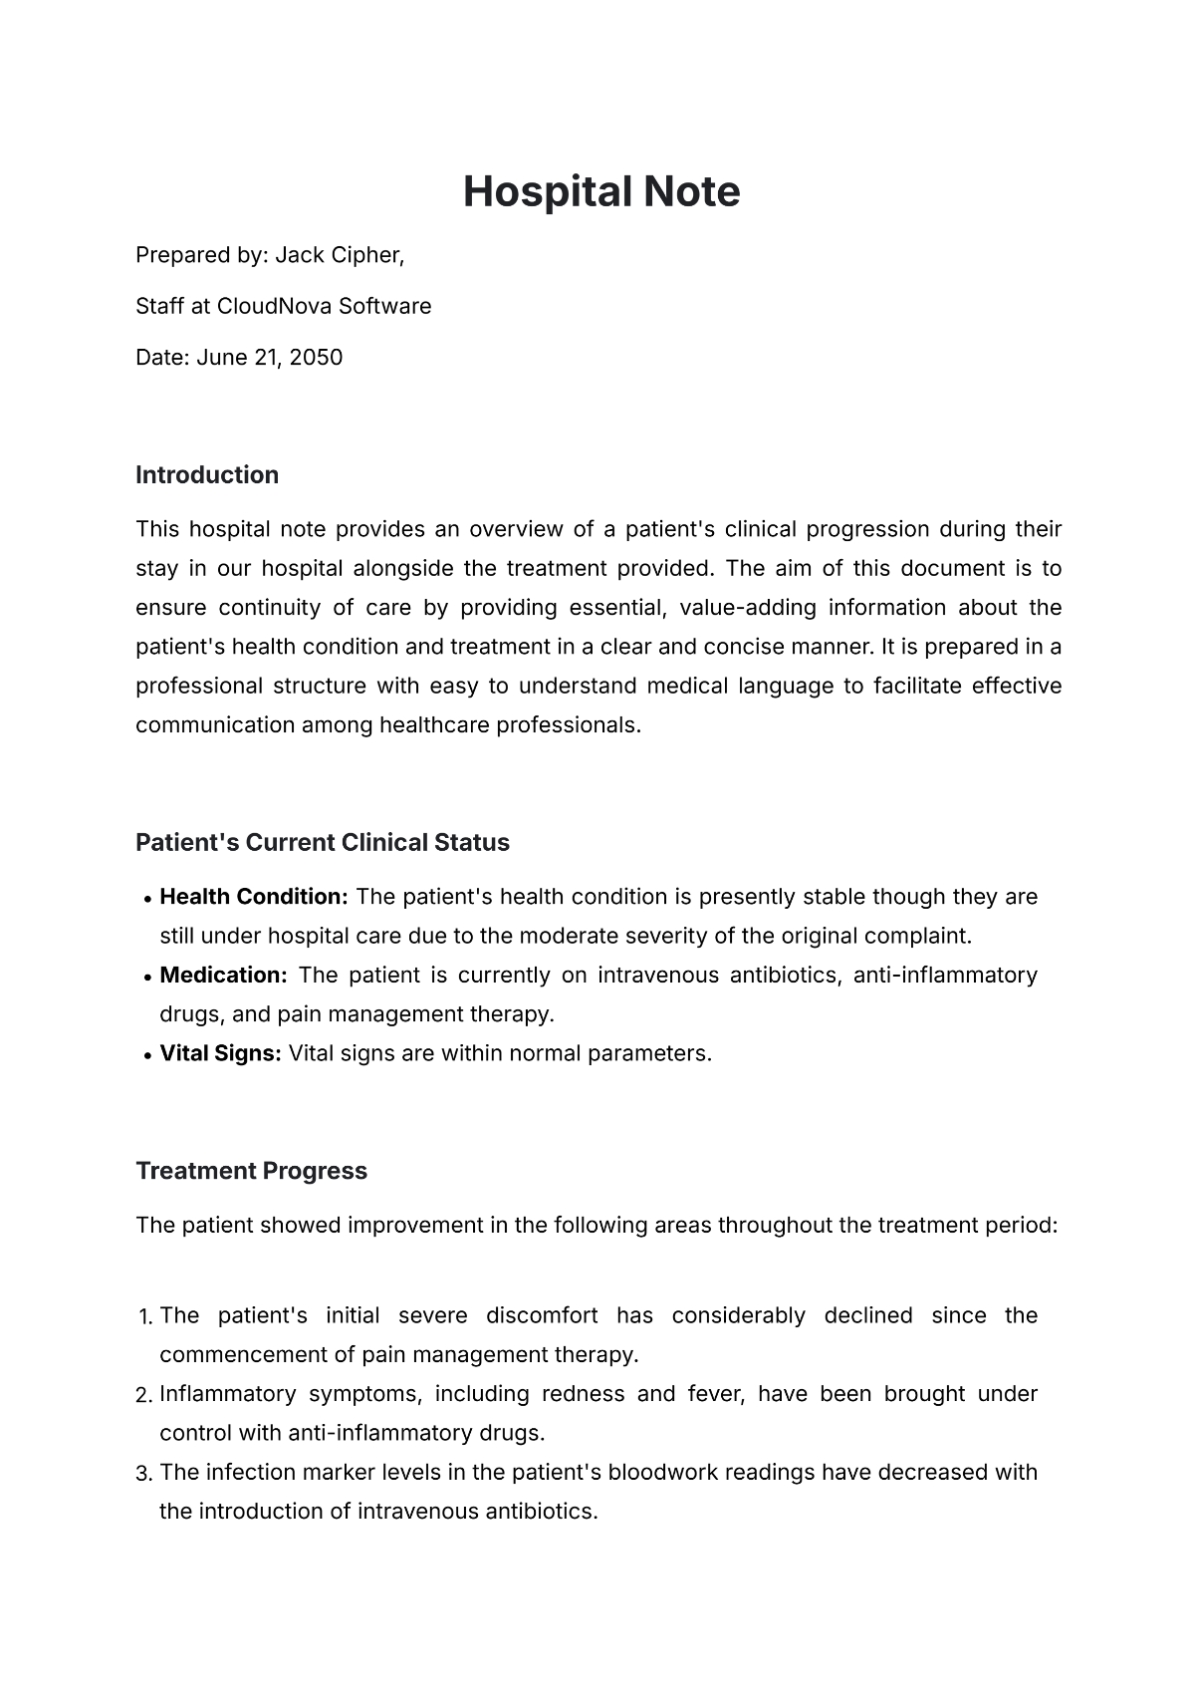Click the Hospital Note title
click(601, 191)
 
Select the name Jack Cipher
click(338, 255)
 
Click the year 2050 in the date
click(316, 358)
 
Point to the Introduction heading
click(207, 475)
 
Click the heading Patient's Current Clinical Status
click(322, 843)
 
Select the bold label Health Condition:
click(254, 897)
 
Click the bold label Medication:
click(223, 976)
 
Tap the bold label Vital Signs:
click(220, 1053)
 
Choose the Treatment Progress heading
click(251, 1171)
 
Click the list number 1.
click(143, 1317)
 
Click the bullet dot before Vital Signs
click(148, 1055)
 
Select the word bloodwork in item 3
click(663, 1473)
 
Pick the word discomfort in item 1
click(542, 1315)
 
